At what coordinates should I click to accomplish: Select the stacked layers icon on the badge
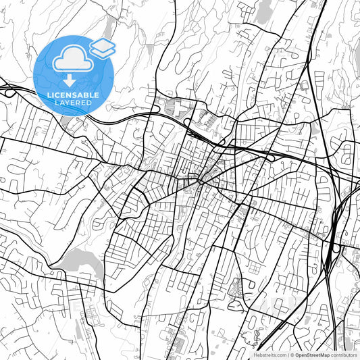(x=102, y=47)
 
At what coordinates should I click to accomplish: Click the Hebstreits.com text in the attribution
(x=269, y=355)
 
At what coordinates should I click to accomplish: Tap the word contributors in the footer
(x=343, y=355)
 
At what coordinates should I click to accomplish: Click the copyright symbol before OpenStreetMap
(x=291, y=355)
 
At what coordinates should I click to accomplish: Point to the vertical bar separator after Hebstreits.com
(x=286, y=355)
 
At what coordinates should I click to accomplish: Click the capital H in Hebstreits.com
(x=255, y=355)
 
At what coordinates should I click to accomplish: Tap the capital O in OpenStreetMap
(x=296, y=355)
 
